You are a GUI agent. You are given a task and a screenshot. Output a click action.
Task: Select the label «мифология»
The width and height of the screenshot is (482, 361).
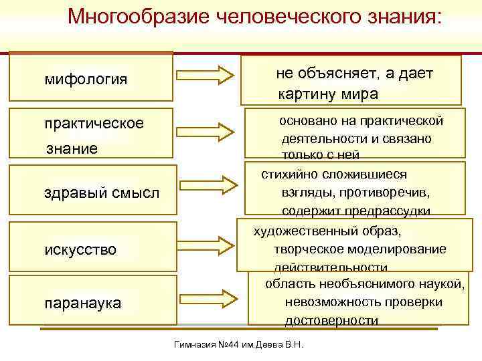click(x=86, y=80)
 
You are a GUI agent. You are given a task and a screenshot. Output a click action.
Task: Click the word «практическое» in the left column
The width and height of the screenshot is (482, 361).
click(x=94, y=124)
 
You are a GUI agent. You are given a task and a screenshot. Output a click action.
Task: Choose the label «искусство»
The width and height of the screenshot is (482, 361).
click(x=80, y=250)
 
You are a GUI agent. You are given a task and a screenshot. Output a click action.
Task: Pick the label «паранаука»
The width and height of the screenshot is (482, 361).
click(x=82, y=304)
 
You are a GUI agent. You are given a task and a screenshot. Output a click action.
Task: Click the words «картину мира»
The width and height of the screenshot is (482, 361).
click(x=328, y=94)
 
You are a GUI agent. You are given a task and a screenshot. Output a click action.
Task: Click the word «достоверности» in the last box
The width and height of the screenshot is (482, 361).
click(x=332, y=321)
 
